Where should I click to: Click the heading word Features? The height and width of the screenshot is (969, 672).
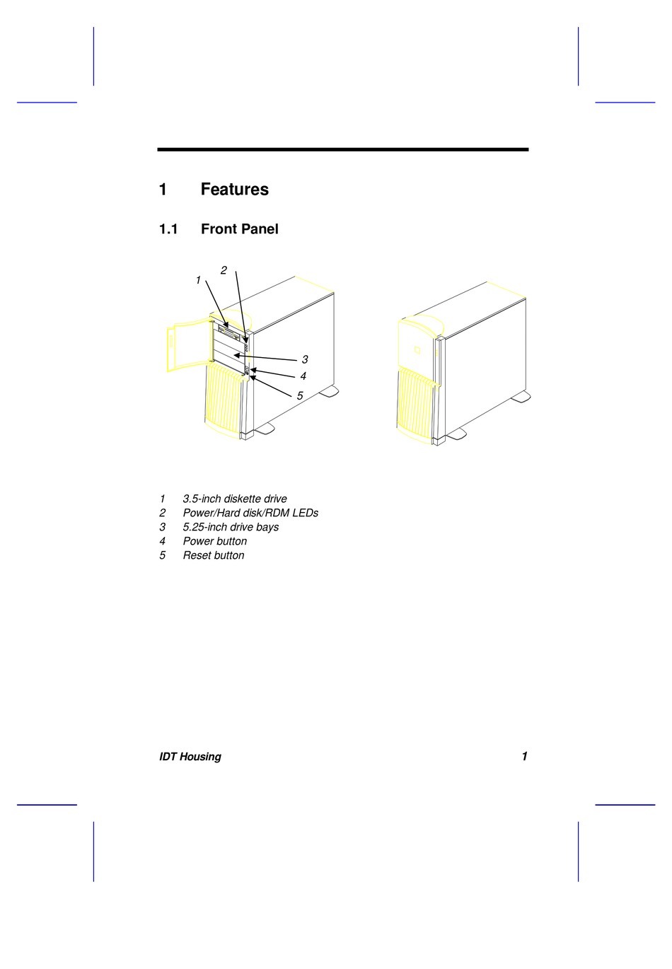234,190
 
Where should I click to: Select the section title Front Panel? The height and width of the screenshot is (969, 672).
239,229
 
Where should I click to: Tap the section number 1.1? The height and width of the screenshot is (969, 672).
168,229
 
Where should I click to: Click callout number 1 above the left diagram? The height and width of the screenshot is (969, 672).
198,281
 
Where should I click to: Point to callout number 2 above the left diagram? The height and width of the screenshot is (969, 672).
224,270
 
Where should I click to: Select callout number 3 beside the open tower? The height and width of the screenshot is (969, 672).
305,359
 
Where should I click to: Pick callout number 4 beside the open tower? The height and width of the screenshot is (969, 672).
303,376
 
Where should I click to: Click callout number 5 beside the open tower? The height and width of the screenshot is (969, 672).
300,396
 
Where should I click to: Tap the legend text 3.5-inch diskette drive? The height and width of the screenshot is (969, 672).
235,499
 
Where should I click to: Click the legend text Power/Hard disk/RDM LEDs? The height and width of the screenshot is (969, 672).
250,513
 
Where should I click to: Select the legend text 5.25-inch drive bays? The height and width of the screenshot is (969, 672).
231,527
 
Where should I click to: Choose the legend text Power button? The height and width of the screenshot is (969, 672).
215,541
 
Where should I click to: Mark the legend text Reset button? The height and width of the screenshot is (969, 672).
214,555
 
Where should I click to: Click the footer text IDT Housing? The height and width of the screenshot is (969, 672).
190,757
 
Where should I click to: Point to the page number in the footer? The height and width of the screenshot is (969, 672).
524,756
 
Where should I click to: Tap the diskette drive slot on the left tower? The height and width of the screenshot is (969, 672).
229,330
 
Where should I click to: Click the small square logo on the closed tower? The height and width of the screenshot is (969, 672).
417,349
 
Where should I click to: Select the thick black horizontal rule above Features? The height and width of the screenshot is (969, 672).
342,149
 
